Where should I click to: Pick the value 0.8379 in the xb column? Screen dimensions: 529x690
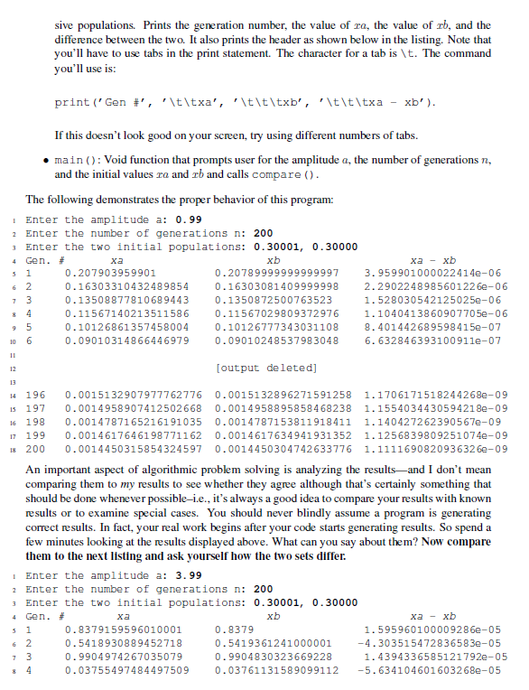click(234, 629)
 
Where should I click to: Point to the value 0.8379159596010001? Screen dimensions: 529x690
click(124, 629)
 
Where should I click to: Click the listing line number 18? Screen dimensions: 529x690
click(9, 449)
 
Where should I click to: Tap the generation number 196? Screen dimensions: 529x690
click(35, 395)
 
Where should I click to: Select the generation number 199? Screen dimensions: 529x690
click(35, 435)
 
